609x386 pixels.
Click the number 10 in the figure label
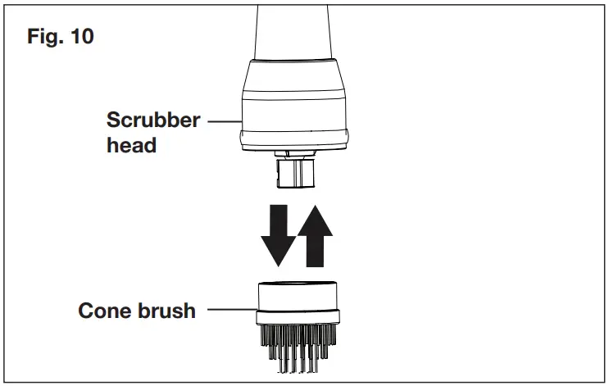point(80,38)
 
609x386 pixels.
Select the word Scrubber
point(153,120)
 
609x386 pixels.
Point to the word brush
point(167,311)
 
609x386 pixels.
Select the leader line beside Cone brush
point(230,311)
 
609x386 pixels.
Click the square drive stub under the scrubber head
point(298,174)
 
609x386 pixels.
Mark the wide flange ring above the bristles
point(298,318)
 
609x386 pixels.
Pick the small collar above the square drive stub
point(298,154)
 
